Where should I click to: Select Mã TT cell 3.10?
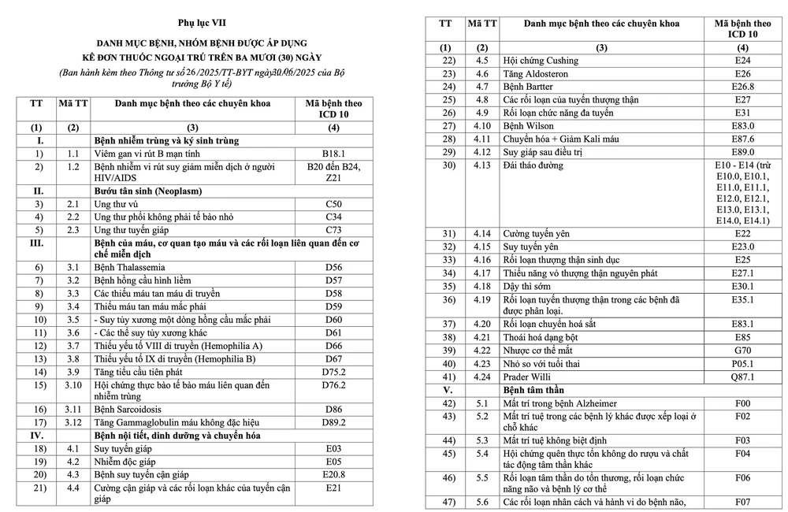pyautogui.click(x=72, y=384)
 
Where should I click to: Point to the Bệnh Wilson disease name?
pyautogui.click(x=528, y=126)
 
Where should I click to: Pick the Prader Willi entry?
pyautogui.click(x=528, y=377)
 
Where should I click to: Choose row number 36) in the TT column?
pyautogui.click(x=449, y=299)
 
